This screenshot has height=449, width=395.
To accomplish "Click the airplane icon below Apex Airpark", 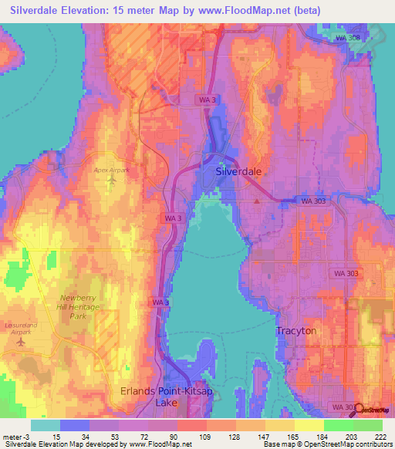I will pos(112,181).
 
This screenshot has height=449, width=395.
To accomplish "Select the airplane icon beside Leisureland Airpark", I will pos(19,341).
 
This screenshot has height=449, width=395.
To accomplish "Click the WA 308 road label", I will pos(348,38).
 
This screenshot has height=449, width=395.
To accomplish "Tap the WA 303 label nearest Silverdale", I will pos(312,201).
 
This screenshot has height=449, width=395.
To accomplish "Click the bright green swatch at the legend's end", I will pos(368,425).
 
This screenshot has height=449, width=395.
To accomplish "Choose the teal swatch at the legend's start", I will pos(46,425).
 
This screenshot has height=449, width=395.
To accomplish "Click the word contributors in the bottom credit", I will pos(373,445).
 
